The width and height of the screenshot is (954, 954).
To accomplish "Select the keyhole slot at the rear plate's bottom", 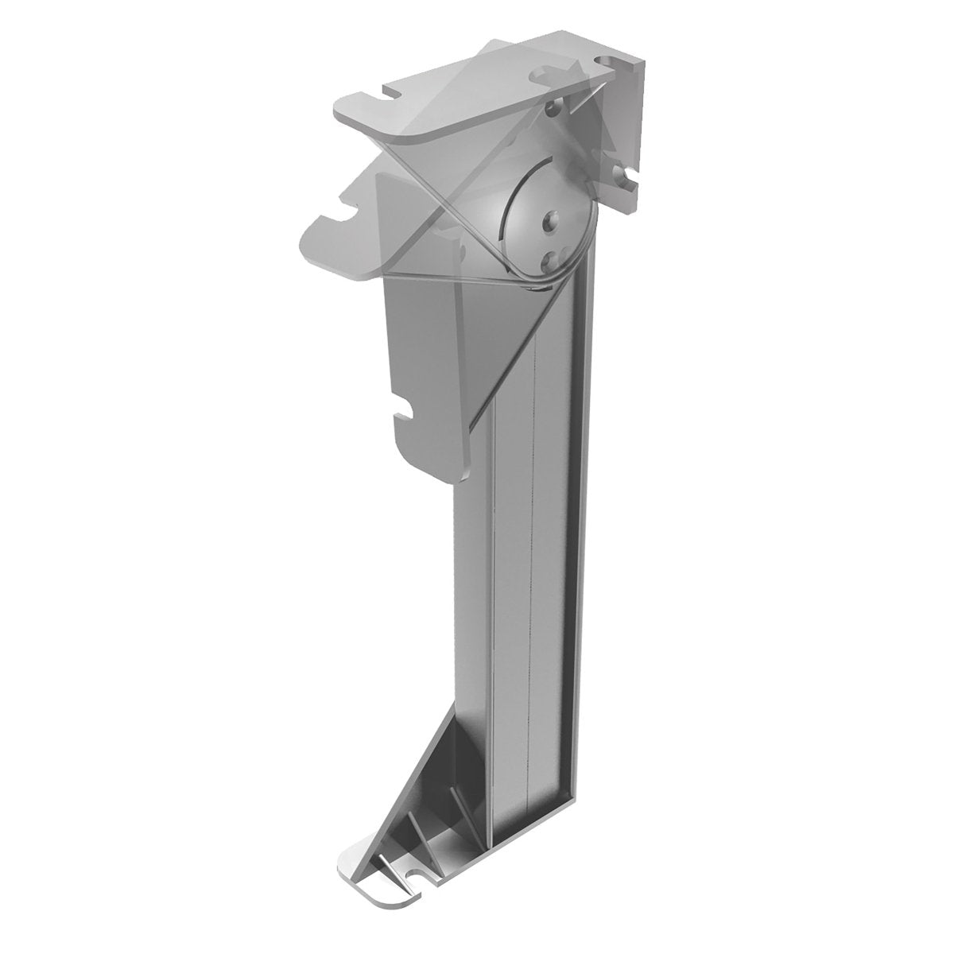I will click(x=628, y=178).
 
